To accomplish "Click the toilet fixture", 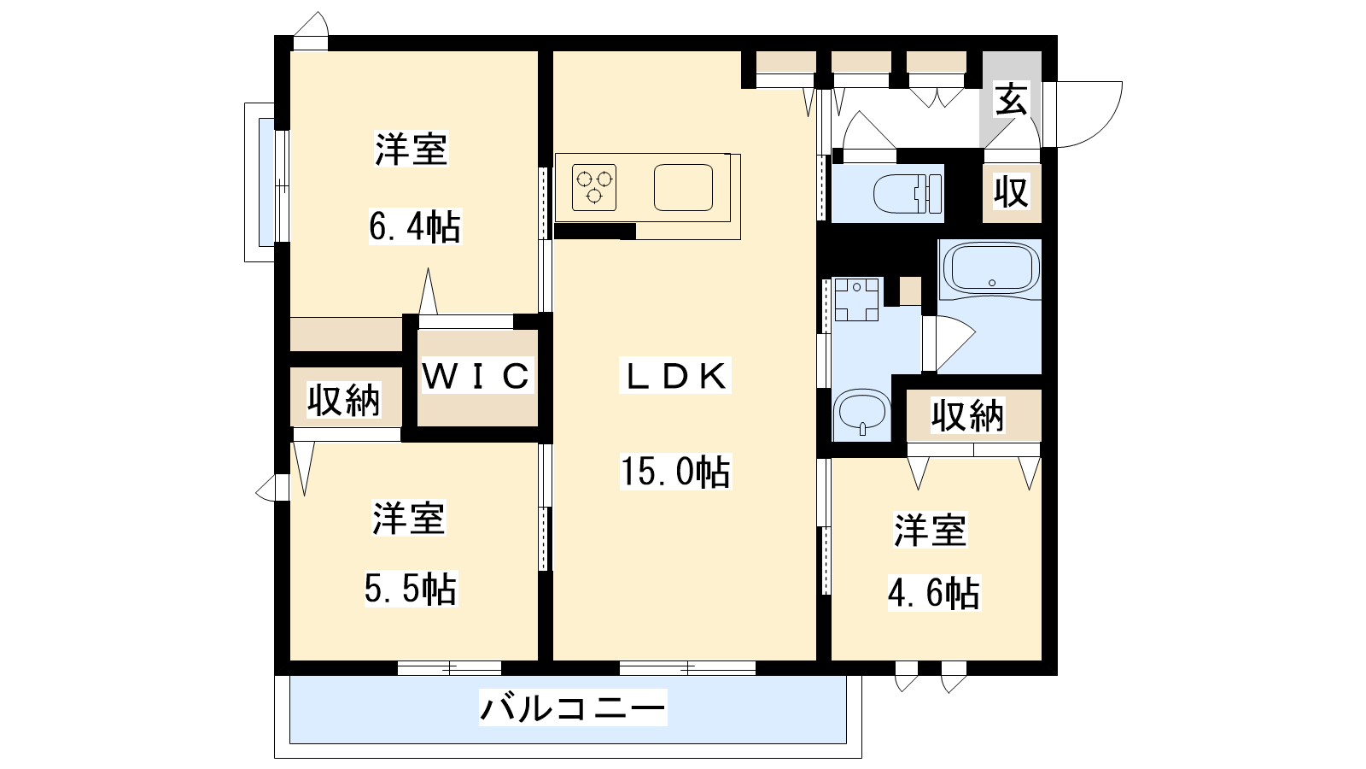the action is pos(908,194).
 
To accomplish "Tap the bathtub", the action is pos(991,268).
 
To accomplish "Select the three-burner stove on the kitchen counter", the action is pos(594,187).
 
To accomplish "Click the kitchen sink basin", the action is pos(683,187).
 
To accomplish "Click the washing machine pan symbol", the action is pos(856,299).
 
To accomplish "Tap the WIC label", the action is pos(476,376).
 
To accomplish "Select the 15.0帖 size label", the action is pos(675,472).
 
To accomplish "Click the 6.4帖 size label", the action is pos(415,227).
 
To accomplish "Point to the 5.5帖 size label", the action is pos(411,590).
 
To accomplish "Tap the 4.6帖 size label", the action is pos(934,593).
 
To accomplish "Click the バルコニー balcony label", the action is pos(573,708).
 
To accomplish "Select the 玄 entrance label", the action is pos(1011,99).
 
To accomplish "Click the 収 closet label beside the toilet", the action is pos(1012,191).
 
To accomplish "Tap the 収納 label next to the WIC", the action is pos(344,401).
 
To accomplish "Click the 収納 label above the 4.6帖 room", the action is pos(967,416).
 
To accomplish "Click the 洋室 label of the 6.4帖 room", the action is pos(412,149).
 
